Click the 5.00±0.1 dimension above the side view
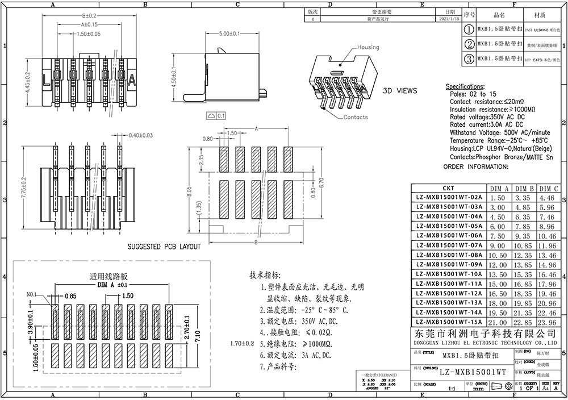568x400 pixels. pyautogui.click(x=229, y=34)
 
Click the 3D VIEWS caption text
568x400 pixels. pyautogui.click(x=400, y=90)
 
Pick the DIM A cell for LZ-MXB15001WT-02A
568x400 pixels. pyautogui.click(x=498, y=198)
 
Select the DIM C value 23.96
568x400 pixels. pyautogui.click(x=549, y=322)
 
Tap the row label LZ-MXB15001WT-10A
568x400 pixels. pyautogui.click(x=449, y=274)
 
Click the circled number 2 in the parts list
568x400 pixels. pyautogui.click(x=470, y=44)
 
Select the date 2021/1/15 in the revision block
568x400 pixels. pyautogui.click(x=450, y=19)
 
